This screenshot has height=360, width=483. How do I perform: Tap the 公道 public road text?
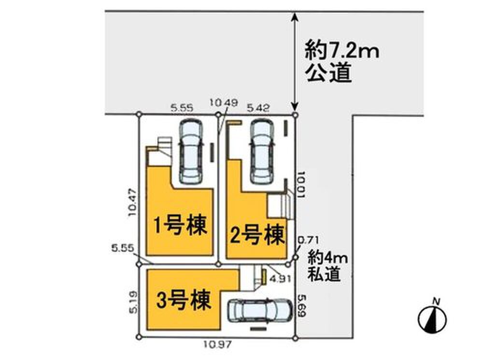[328, 75]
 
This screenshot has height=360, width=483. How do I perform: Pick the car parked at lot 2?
[261, 151]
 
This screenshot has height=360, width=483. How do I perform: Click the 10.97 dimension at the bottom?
[216, 345]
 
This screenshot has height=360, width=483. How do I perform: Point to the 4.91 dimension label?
[280, 278]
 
